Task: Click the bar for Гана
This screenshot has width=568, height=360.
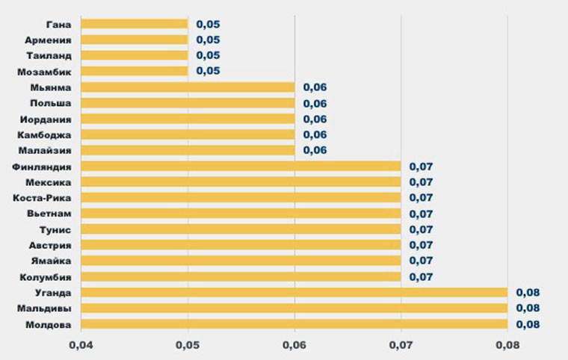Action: pos(134,24)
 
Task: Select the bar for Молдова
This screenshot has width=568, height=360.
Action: pos(294,325)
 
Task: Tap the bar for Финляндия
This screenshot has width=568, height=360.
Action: pos(241,167)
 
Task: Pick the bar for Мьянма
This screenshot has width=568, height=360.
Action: pos(187,87)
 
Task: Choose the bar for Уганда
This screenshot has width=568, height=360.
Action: pos(294,293)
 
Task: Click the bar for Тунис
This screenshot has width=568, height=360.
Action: pos(241,229)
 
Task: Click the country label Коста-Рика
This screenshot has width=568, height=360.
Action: pos(43,198)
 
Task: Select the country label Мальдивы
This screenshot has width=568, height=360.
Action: pos(44,308)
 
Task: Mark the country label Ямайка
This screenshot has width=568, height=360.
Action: pos(50,261)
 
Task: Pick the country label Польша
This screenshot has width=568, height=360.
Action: pos(51,103)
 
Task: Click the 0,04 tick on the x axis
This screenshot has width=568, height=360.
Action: pos(79,346)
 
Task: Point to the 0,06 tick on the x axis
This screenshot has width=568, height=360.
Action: pos(294,346)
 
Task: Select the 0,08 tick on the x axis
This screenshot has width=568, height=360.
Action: pos(508,346)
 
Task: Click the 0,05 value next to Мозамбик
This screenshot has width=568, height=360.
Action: pos(208,72)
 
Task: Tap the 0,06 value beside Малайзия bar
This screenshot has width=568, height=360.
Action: pos(315,151)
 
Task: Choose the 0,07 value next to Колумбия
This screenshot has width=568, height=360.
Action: pos(422,277)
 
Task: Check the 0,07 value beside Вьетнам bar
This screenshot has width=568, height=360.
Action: pos(422,214)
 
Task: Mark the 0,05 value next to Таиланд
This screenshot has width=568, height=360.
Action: pos(208,55)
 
